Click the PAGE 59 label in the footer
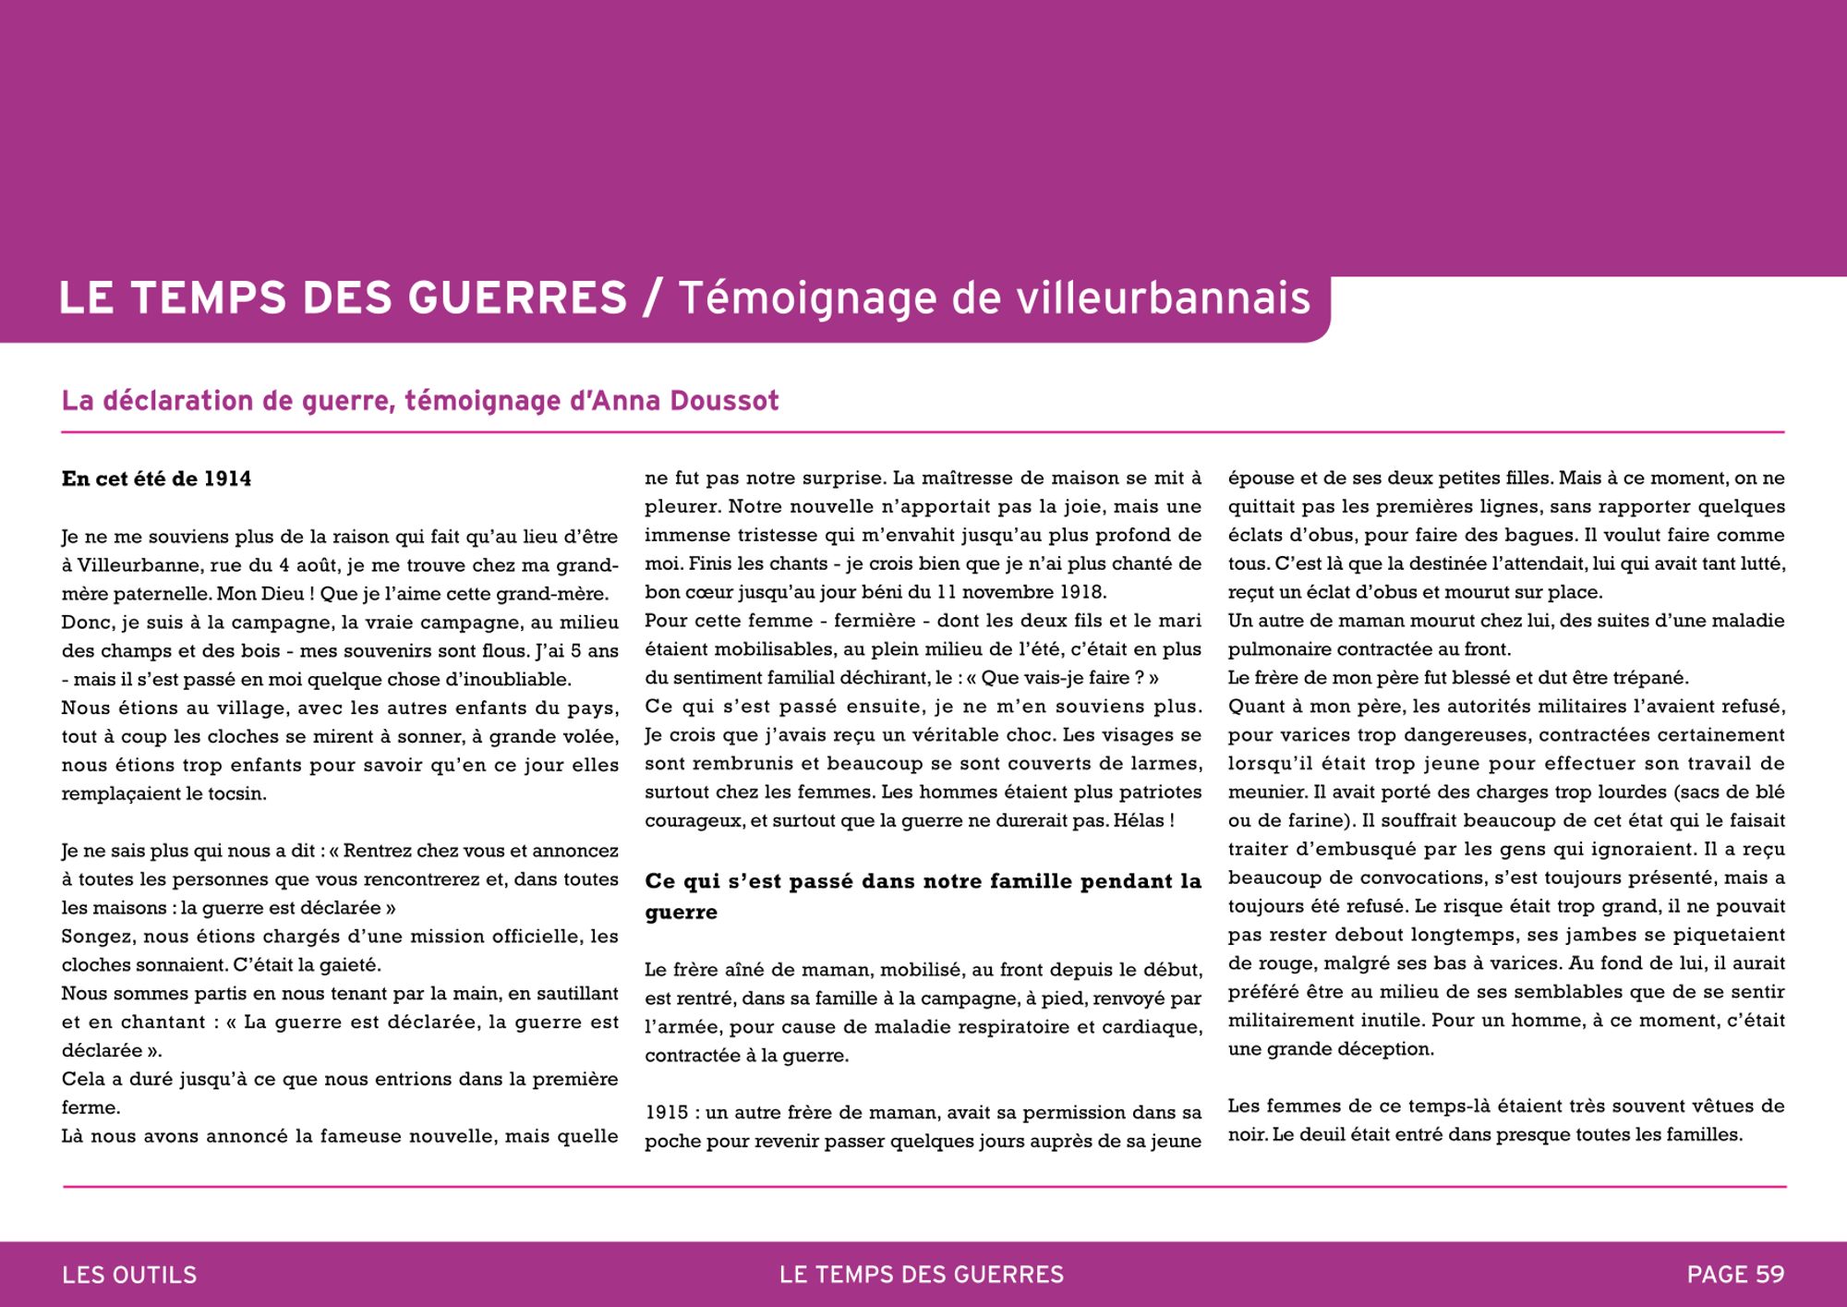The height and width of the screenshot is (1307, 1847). point(1735,1275)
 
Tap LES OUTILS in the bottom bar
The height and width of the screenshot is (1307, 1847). point(129,1275)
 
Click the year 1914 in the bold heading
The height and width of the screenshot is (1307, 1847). point(227,478)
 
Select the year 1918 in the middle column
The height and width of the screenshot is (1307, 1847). point(1081,592)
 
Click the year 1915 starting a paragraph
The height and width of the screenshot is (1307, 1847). point(666,1113)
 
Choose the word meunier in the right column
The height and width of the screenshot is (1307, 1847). point(1260,793)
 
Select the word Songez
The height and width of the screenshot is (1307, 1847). point(97,937)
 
